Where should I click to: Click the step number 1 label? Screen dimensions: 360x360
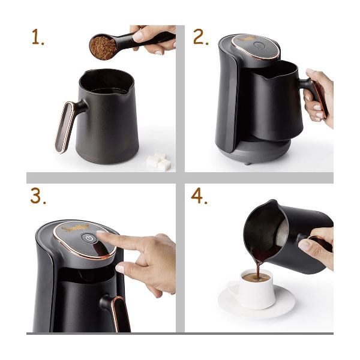pyautogui.click(x=38, y=37)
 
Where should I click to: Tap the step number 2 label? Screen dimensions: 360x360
pyautogui.click(x=201, y=37)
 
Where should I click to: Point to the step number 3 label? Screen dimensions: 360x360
pyautogui.click(x=38, y=196)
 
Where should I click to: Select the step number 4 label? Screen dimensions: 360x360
pyautogui.click(x=199, y=196)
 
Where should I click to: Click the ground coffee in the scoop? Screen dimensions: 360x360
pyautogui.click(x=103, y=48)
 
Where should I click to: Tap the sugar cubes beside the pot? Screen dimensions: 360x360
pyautogui.click(x=158, y=161)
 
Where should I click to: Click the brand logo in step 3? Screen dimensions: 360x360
pyautogui.click(x=76, y=229)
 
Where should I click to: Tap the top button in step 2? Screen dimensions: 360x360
pyautogui.click(x=259, y=46)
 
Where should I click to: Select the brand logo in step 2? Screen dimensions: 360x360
pyautogui.click(x=247, y=39)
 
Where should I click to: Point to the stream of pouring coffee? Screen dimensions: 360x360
pyautogui.click(x=258, y=269)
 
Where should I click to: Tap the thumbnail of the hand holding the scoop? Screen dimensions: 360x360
pyautogui.click(x=138, y=36)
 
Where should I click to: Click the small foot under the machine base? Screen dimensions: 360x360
pyautogui.click(x=247, y=163)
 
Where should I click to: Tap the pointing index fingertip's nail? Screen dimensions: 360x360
pyautogui.click(x=101, y=232)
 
